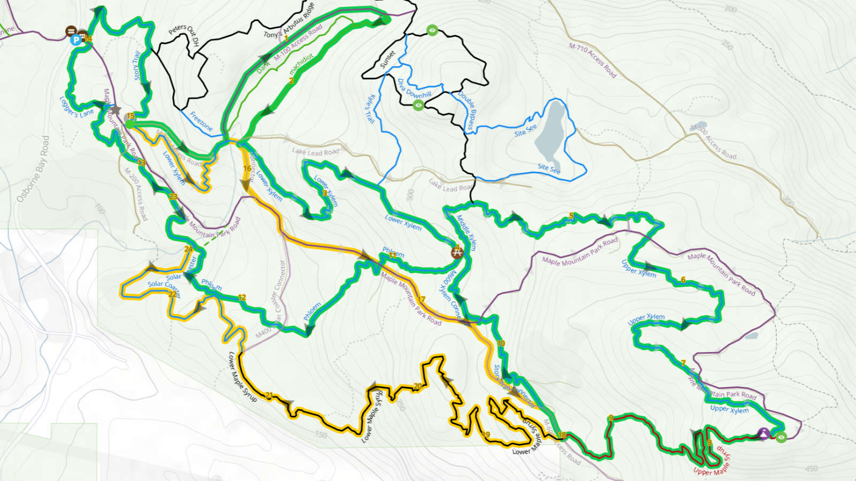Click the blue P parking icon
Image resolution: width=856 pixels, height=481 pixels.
pyautogui.click(x=76, y=39)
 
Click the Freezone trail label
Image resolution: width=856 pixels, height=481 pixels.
pyautogui.click(x=201, y=121)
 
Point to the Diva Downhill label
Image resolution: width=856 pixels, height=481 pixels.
pyautogui.click(x=414, y=89)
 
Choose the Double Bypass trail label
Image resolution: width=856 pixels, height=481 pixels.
pyautogui.click(x=467, y=111)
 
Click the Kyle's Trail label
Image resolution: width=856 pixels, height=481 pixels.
pyautogui.click(x=370, y=109)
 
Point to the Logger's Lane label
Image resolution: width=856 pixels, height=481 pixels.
pyautogui.click(x=76, y=107)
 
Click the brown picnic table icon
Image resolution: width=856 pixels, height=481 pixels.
pyautogui.click(x=456, y=251)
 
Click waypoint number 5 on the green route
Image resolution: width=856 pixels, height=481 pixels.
pyautogui.click(x=571, y=216)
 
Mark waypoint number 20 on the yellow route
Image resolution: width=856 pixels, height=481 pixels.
pyautogui.click(x=418, y=386)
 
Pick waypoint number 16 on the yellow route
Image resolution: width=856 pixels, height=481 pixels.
pyautogui.click(x=247, y=168)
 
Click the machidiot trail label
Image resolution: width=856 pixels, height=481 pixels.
pyautogui.click(x=301, y=64)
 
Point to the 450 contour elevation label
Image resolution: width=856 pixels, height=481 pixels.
pyautogui.click(x=811, y=469)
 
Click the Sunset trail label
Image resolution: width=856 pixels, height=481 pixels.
pyautogui.click(x=387, y=59)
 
